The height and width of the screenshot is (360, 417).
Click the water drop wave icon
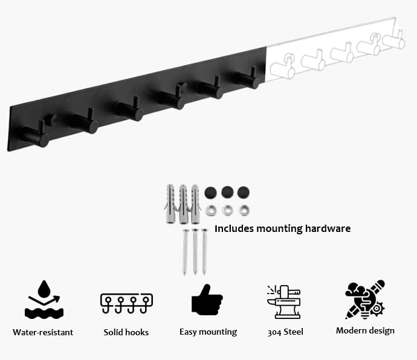tap(44, 299)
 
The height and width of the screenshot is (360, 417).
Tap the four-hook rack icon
tap(126, 303)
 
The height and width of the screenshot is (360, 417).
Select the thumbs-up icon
tap(207, 299)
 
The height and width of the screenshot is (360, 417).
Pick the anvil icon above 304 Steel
tap(283, 301)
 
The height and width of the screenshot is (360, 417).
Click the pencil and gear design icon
tap(365, 299)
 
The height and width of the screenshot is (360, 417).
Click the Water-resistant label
tap(43, 332)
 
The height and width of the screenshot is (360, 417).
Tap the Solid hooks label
tap(126, 332)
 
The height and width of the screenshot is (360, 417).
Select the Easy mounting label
tap(208, 332)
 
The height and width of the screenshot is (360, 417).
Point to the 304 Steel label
tap(285, 332)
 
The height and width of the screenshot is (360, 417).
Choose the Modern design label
tap(365, 330)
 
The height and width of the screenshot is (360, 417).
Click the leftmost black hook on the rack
tap(34, 135)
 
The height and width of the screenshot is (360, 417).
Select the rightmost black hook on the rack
tap(247, 79)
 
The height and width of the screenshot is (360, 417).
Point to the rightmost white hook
tap(394, 40)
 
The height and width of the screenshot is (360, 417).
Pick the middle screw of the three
tap(195, 251)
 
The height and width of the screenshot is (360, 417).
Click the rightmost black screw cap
tap(244, 193)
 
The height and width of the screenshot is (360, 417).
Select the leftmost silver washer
tap(211, 210)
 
